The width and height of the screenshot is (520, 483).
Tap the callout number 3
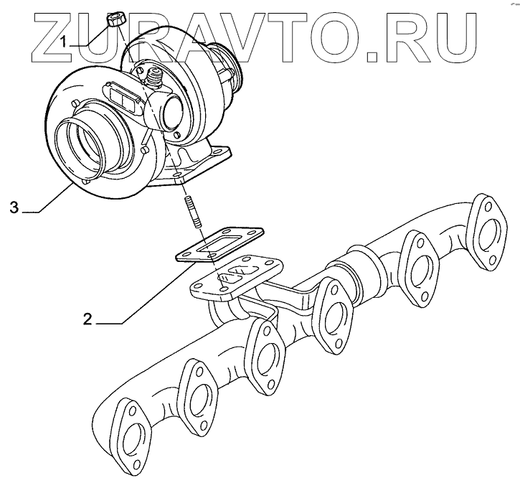(14, 209)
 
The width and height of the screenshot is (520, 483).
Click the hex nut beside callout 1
(114, 19)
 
